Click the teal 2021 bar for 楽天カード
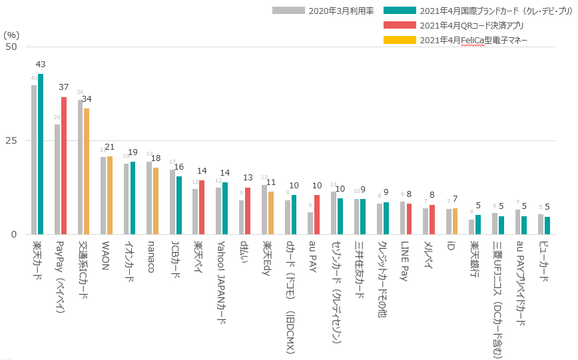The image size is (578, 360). [41, 154]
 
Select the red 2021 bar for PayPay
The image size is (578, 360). [64, 166]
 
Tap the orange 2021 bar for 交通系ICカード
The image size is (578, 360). [87, 172]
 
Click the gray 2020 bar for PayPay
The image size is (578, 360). [57, 180]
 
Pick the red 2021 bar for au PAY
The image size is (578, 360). [317, 215]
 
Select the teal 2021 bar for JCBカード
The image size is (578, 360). [179, 206]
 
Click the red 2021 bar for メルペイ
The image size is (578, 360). [432, 220]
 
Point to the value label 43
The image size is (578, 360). [41, 65]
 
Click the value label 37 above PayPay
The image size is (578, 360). [64, 87]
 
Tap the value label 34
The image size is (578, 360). [87, 99]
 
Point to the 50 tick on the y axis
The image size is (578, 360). [11, 47]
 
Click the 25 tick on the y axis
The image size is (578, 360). [11, 141]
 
